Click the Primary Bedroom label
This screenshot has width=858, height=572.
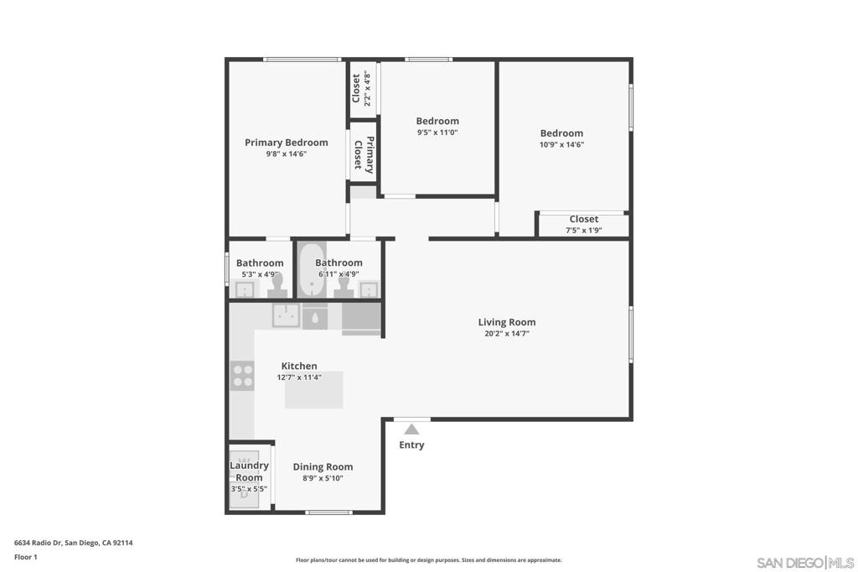coord(286,143)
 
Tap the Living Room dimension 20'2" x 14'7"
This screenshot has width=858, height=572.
coord(506,333)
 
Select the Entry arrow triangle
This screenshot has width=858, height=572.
coord(411,429)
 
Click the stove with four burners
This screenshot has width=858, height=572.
coord(242,375)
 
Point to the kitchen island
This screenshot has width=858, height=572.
coord(314,390)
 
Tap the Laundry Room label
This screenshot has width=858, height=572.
coord(249,471)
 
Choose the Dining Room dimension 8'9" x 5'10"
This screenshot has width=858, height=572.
coord(323,478)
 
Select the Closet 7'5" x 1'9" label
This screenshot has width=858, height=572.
coord(583,220)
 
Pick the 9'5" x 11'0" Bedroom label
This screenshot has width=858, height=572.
coord(437,122)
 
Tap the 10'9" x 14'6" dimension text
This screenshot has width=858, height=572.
coord(561,144)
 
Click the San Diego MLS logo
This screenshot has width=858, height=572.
coord(805,562)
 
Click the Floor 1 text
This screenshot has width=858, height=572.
coord(26,557)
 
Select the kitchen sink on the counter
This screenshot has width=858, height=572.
coord(286,315)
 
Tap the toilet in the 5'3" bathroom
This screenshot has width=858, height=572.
coord(277,285)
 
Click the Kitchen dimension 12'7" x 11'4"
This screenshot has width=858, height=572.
coord(299,377)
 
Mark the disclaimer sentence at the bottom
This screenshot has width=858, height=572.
coord(428,560)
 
